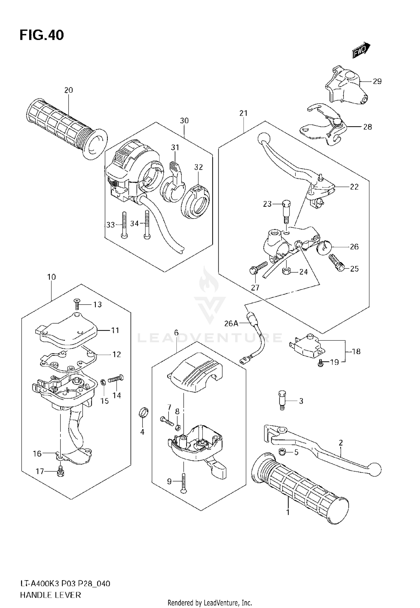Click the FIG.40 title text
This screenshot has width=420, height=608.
pos(42,35)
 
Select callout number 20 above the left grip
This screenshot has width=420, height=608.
pos(68,90)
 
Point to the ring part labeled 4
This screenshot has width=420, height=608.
pos(144,413)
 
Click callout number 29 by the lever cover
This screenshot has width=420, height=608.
pos(377,81)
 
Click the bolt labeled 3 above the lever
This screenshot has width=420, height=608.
pos(282,401)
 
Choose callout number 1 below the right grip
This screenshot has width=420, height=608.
pos(288,512)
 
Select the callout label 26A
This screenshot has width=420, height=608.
pos(231,324)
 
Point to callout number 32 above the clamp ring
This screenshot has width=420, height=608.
pos(198,167)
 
